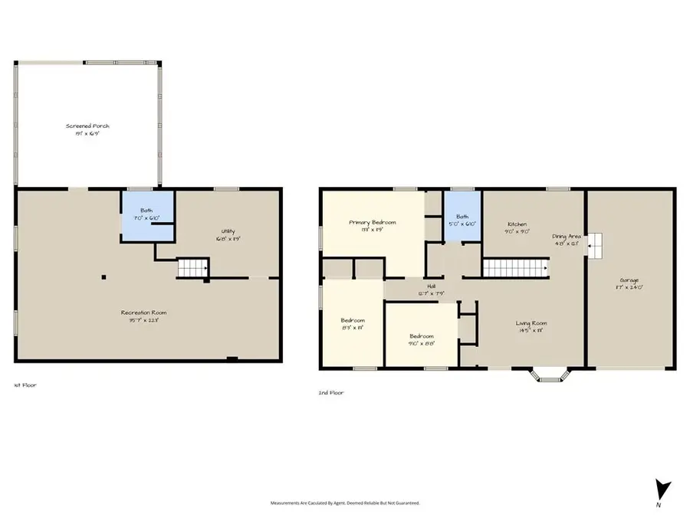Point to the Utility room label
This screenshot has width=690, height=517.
228,235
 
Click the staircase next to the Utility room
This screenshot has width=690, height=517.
193,268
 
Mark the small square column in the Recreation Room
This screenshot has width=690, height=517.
104,277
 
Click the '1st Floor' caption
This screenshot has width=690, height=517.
25,385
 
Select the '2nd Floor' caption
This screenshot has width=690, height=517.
331,392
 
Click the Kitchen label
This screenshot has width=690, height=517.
517,227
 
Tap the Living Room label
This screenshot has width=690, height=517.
531,327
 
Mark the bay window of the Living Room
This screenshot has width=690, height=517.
547,375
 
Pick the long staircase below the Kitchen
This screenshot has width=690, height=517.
514,268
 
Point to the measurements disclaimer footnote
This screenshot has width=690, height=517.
344,503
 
